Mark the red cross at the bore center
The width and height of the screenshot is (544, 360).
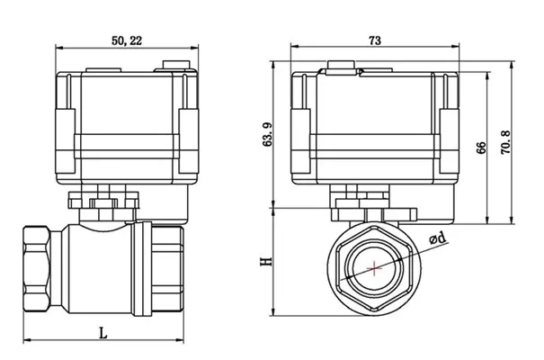371,267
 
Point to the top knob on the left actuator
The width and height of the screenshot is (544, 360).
176,65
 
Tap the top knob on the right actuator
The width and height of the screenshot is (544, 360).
341,66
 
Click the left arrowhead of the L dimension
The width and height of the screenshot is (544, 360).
23,340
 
